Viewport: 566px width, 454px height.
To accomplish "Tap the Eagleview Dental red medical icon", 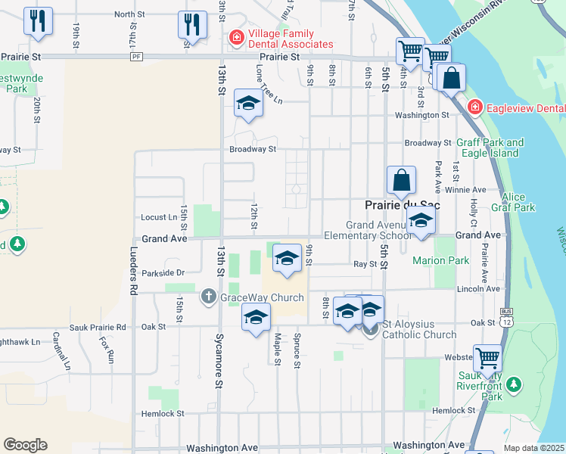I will tap(474, 107).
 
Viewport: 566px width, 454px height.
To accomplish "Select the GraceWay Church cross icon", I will tap(208, 297).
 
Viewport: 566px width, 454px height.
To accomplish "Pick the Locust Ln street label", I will tap(159, 217).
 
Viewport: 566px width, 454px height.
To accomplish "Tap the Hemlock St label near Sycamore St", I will tap(163, 413).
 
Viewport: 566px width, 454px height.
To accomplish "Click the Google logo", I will tap(25, 444).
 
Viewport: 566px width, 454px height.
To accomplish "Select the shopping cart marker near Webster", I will tap(487, 356).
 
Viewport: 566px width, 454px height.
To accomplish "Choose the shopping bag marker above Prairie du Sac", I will tap(401, 181).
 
